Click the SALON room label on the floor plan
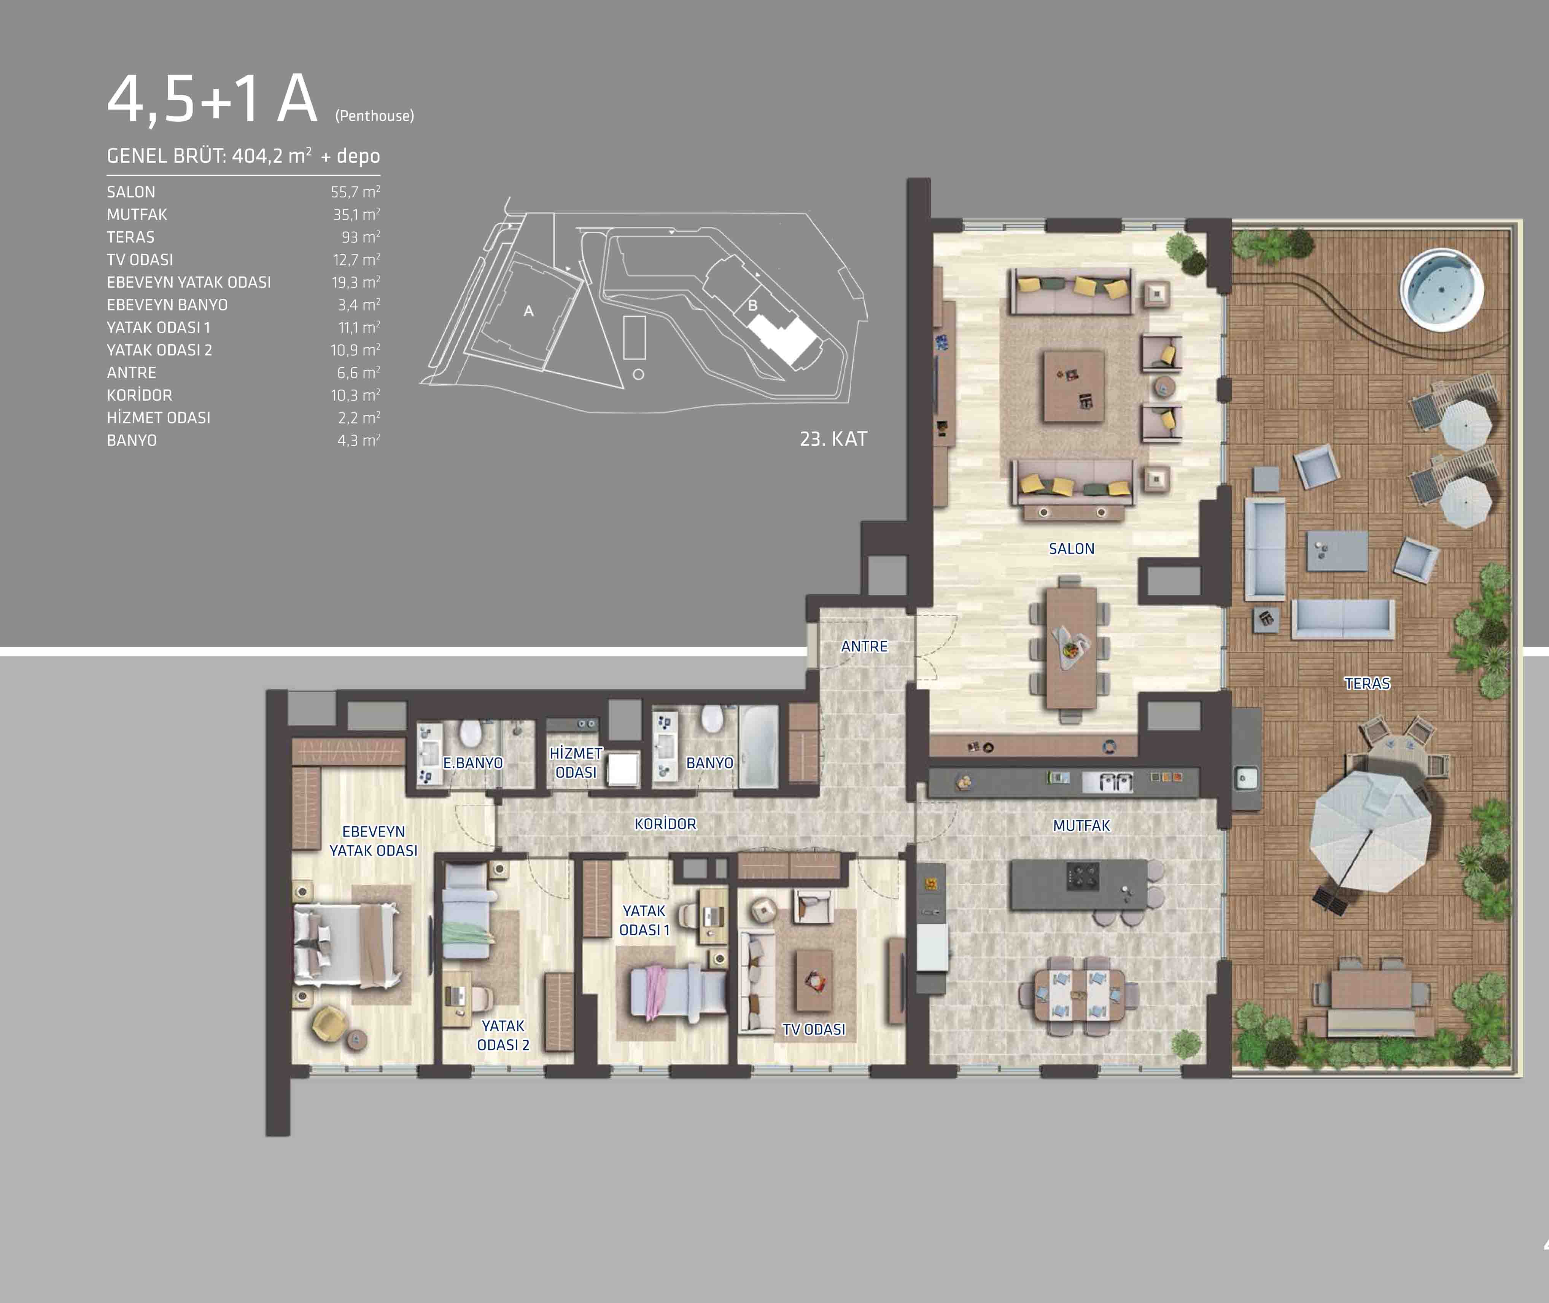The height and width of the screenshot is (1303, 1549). click(x=1071, y=549)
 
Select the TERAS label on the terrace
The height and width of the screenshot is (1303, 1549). click(x=1367, y=683)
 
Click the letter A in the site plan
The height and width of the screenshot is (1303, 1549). click(x=528, y=311)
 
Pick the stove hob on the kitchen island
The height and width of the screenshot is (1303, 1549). click(x=1082, y=876)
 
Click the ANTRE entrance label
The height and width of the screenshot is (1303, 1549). click(x=864, y=646)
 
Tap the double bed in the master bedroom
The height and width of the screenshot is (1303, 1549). click(x=347, y=946)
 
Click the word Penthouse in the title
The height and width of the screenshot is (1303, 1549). click(x=375, y=116)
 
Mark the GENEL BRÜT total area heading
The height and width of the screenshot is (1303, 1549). click(x=243, y=156)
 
